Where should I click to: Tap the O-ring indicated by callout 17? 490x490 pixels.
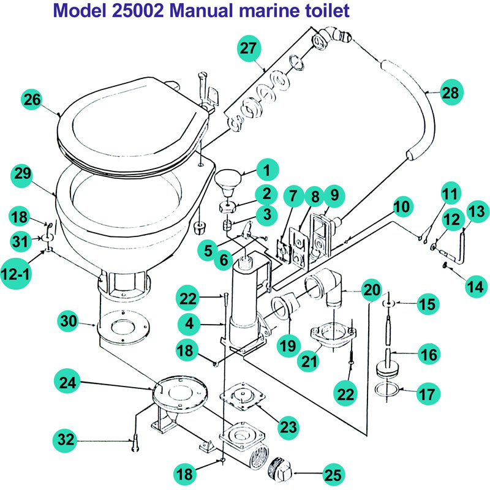[x=387, y=388]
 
